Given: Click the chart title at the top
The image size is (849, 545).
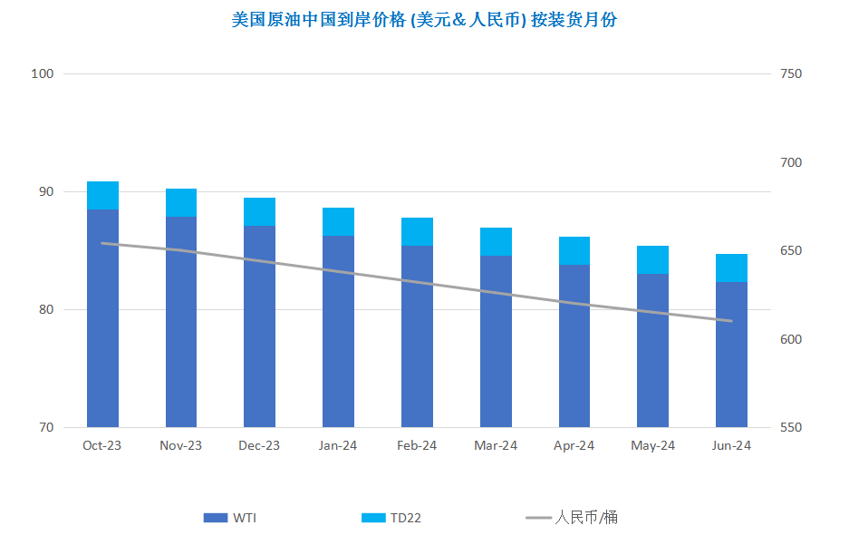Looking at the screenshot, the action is [x=424, y=20].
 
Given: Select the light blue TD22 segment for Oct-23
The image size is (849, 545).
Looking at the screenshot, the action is [x=103, y=196].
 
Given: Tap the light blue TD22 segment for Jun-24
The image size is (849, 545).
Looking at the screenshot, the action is [x=731, y=268].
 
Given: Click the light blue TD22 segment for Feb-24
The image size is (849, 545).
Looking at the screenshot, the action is [x=417, y=232].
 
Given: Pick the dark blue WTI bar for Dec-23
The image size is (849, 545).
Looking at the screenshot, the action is [x=259, y=326].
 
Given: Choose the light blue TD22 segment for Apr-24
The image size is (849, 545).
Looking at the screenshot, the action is [x=574, y=251].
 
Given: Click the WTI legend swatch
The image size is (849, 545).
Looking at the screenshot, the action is [x=216, y=518].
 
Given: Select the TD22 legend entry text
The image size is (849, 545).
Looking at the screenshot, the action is [x=406, y=518].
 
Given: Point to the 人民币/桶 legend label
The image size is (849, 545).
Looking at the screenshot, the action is [x=586, y=518].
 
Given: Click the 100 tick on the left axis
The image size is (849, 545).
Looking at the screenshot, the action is [x=43, y=73].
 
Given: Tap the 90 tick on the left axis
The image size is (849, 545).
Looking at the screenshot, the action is [x=46, y=191].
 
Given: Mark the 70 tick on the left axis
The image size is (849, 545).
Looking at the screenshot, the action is [x=46, y=427].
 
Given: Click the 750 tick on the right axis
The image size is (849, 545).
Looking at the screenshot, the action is [x=791, y=73].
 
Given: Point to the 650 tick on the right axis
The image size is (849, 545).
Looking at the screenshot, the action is [x=791, y=251].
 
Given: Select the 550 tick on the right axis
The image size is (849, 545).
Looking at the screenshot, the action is [x=791, y=427].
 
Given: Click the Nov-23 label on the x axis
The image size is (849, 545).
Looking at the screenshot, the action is [x=181, y=445].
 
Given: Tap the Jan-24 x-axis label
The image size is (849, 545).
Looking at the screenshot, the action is [x=338, y=445].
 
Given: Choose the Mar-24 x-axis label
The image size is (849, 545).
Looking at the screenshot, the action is [x=496, y=445].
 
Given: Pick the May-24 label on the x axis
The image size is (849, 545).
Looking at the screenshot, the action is [x=652, y=445].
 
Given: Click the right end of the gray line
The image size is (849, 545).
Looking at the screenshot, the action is [x=731, y=321].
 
